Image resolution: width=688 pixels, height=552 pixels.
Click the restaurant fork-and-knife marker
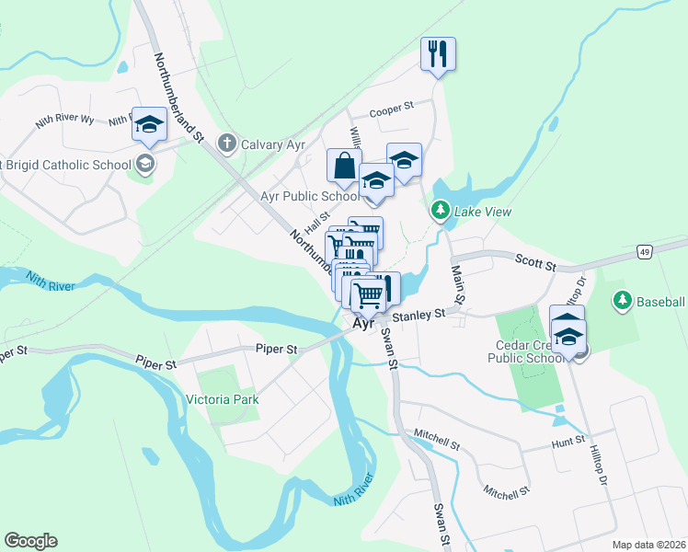pyautogui.click(x=438, y=53)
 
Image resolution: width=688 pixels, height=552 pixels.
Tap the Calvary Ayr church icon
pyautogui.click(x=226, y=144)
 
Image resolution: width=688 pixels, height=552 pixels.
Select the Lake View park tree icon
pyautogui.click(x=441, y=212)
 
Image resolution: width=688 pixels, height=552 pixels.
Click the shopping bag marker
pyautogui.click(x=345, y=166)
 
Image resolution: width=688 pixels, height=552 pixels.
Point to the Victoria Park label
pyautogui.click(x=222, y=399)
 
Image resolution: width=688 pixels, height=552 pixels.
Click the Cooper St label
pyautogui.click(x=392, y=111)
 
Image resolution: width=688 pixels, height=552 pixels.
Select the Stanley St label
pyautogui.click(x=419, y=315)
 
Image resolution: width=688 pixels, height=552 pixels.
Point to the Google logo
pyautogui.click(x=30, y=541)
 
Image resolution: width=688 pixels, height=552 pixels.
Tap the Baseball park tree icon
pyautogui.click(x=623, y=301)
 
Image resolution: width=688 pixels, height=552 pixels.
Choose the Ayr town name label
pyautogui.click(x=361, y=324)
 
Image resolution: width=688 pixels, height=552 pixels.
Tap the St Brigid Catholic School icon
pyautogui.click(x=144, y=165)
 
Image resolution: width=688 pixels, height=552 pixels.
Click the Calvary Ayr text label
pyautogui.click(x=273, y=144)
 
